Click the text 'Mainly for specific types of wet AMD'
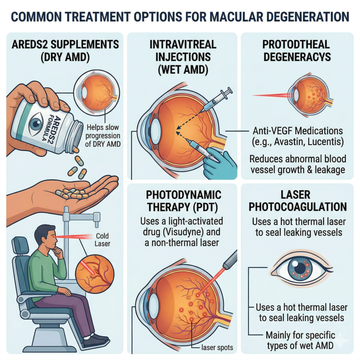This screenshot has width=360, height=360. pos(300,340)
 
